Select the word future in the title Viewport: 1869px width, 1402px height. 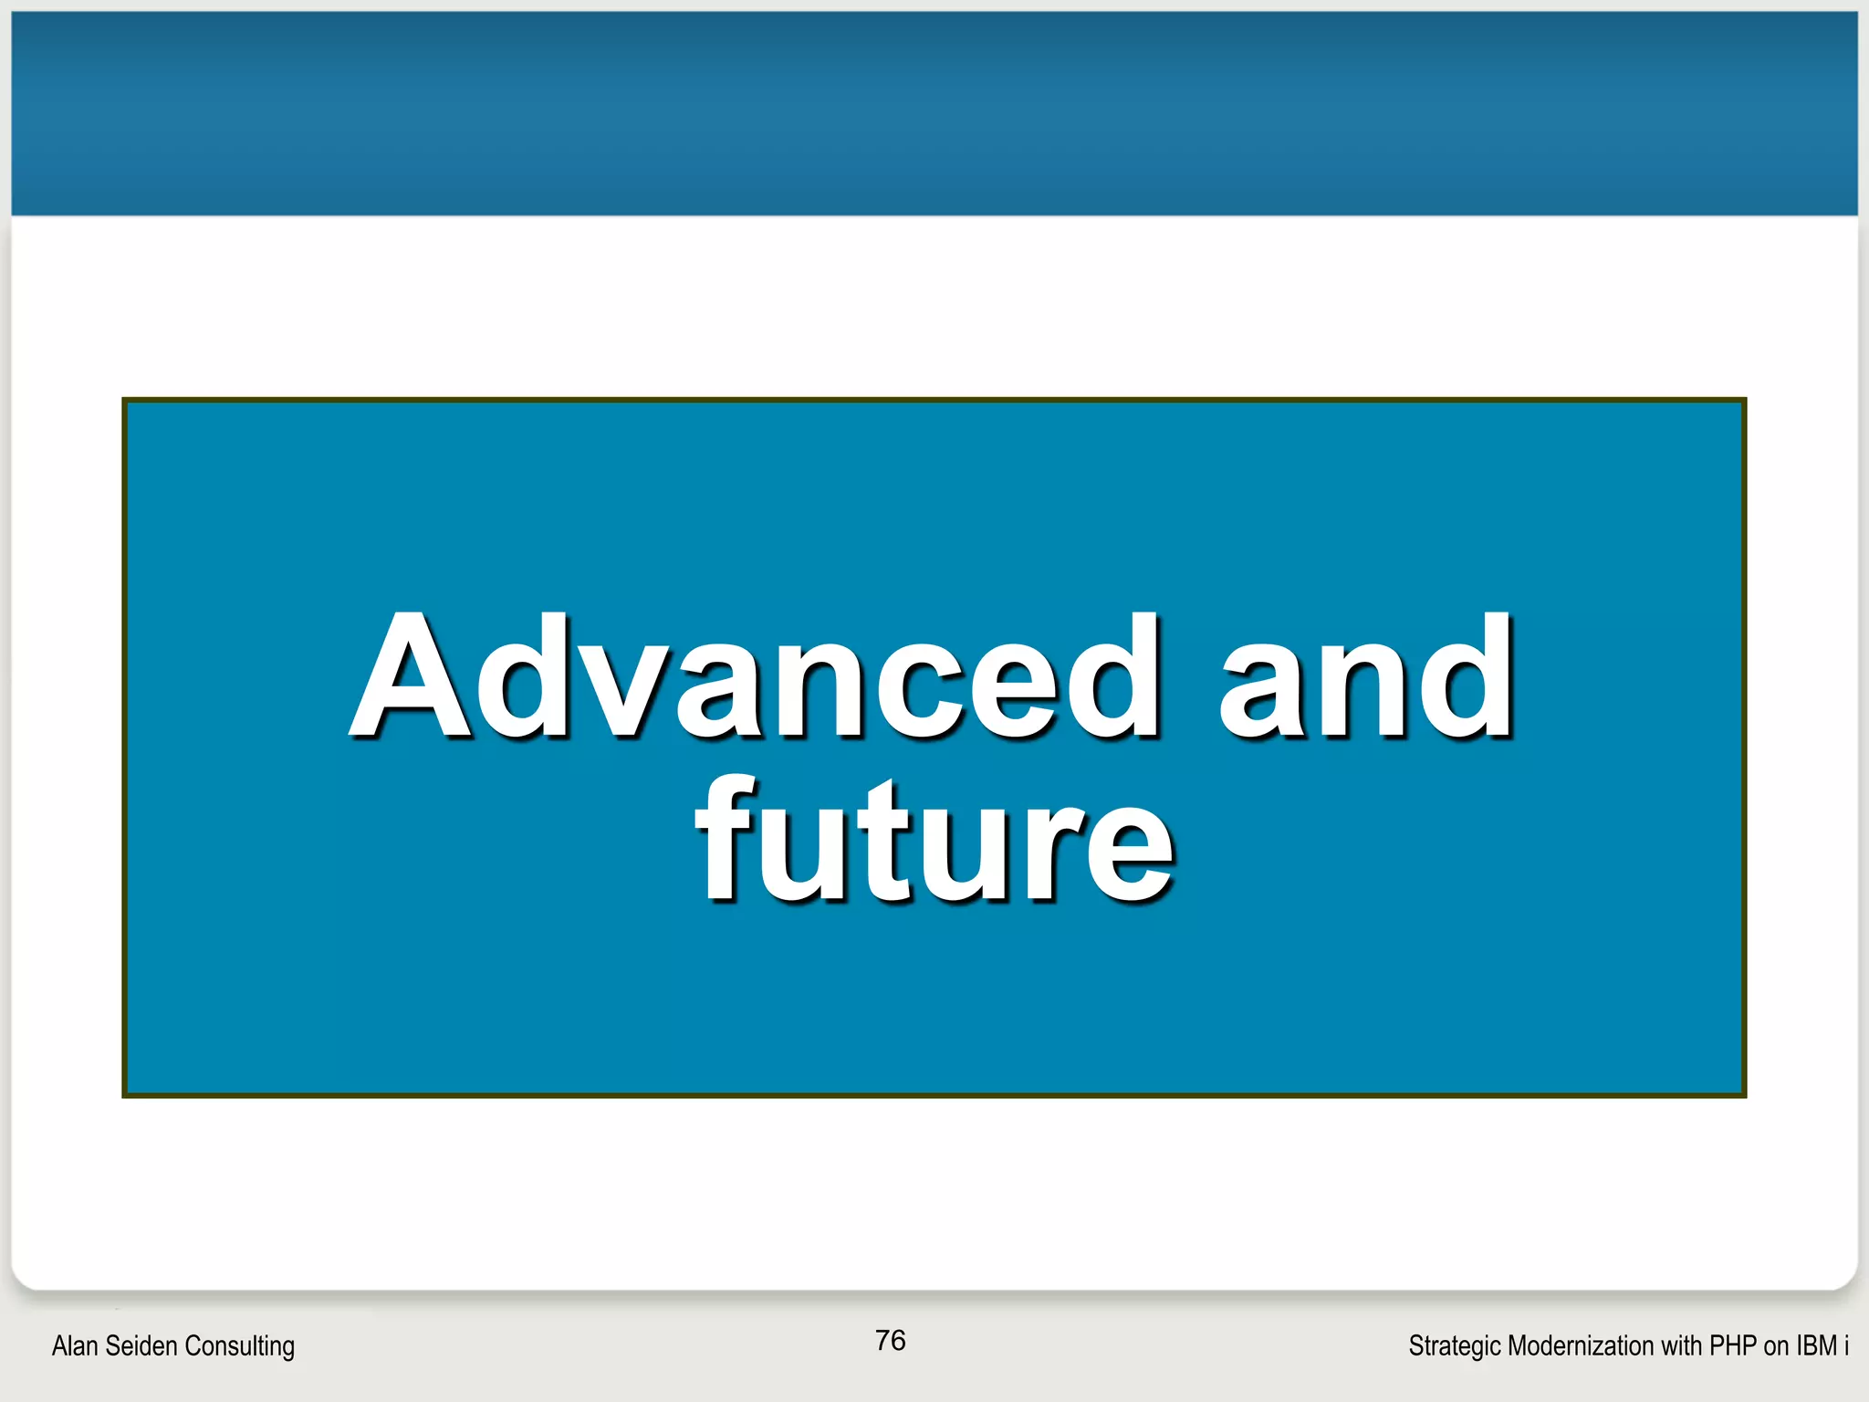(x=934, y=840)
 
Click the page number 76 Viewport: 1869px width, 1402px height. (x=890, y=1340)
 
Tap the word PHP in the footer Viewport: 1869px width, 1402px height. (x=1733, y=1345)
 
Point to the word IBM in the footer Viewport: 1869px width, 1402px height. (x=1816, y=1345)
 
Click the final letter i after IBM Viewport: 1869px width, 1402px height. (x=1845, y=1345)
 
